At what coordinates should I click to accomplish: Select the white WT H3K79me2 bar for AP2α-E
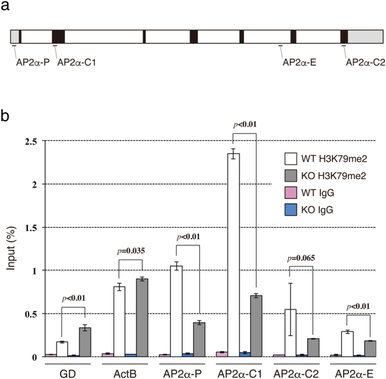[x=347, y=344]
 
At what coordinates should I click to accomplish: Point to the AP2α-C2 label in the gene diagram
[x=363, y=63]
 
